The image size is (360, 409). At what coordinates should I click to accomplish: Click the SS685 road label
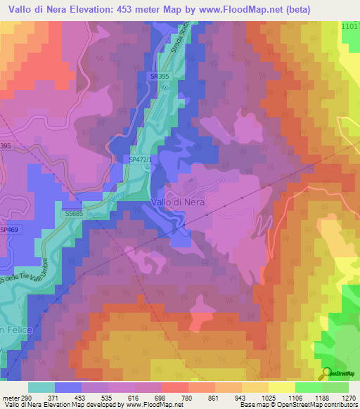point(73,212)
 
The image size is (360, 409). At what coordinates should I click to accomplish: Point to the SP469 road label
point(9,230)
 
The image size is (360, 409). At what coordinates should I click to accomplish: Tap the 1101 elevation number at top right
point(349,26)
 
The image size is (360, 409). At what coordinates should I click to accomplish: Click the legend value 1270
point(348,397)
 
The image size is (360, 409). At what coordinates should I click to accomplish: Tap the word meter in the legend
point(8,397)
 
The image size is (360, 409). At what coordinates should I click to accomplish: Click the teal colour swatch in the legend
point(41,387)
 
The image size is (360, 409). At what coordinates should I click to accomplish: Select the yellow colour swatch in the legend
point(282,387)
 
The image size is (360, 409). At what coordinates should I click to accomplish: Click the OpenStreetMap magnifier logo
point(327,374)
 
